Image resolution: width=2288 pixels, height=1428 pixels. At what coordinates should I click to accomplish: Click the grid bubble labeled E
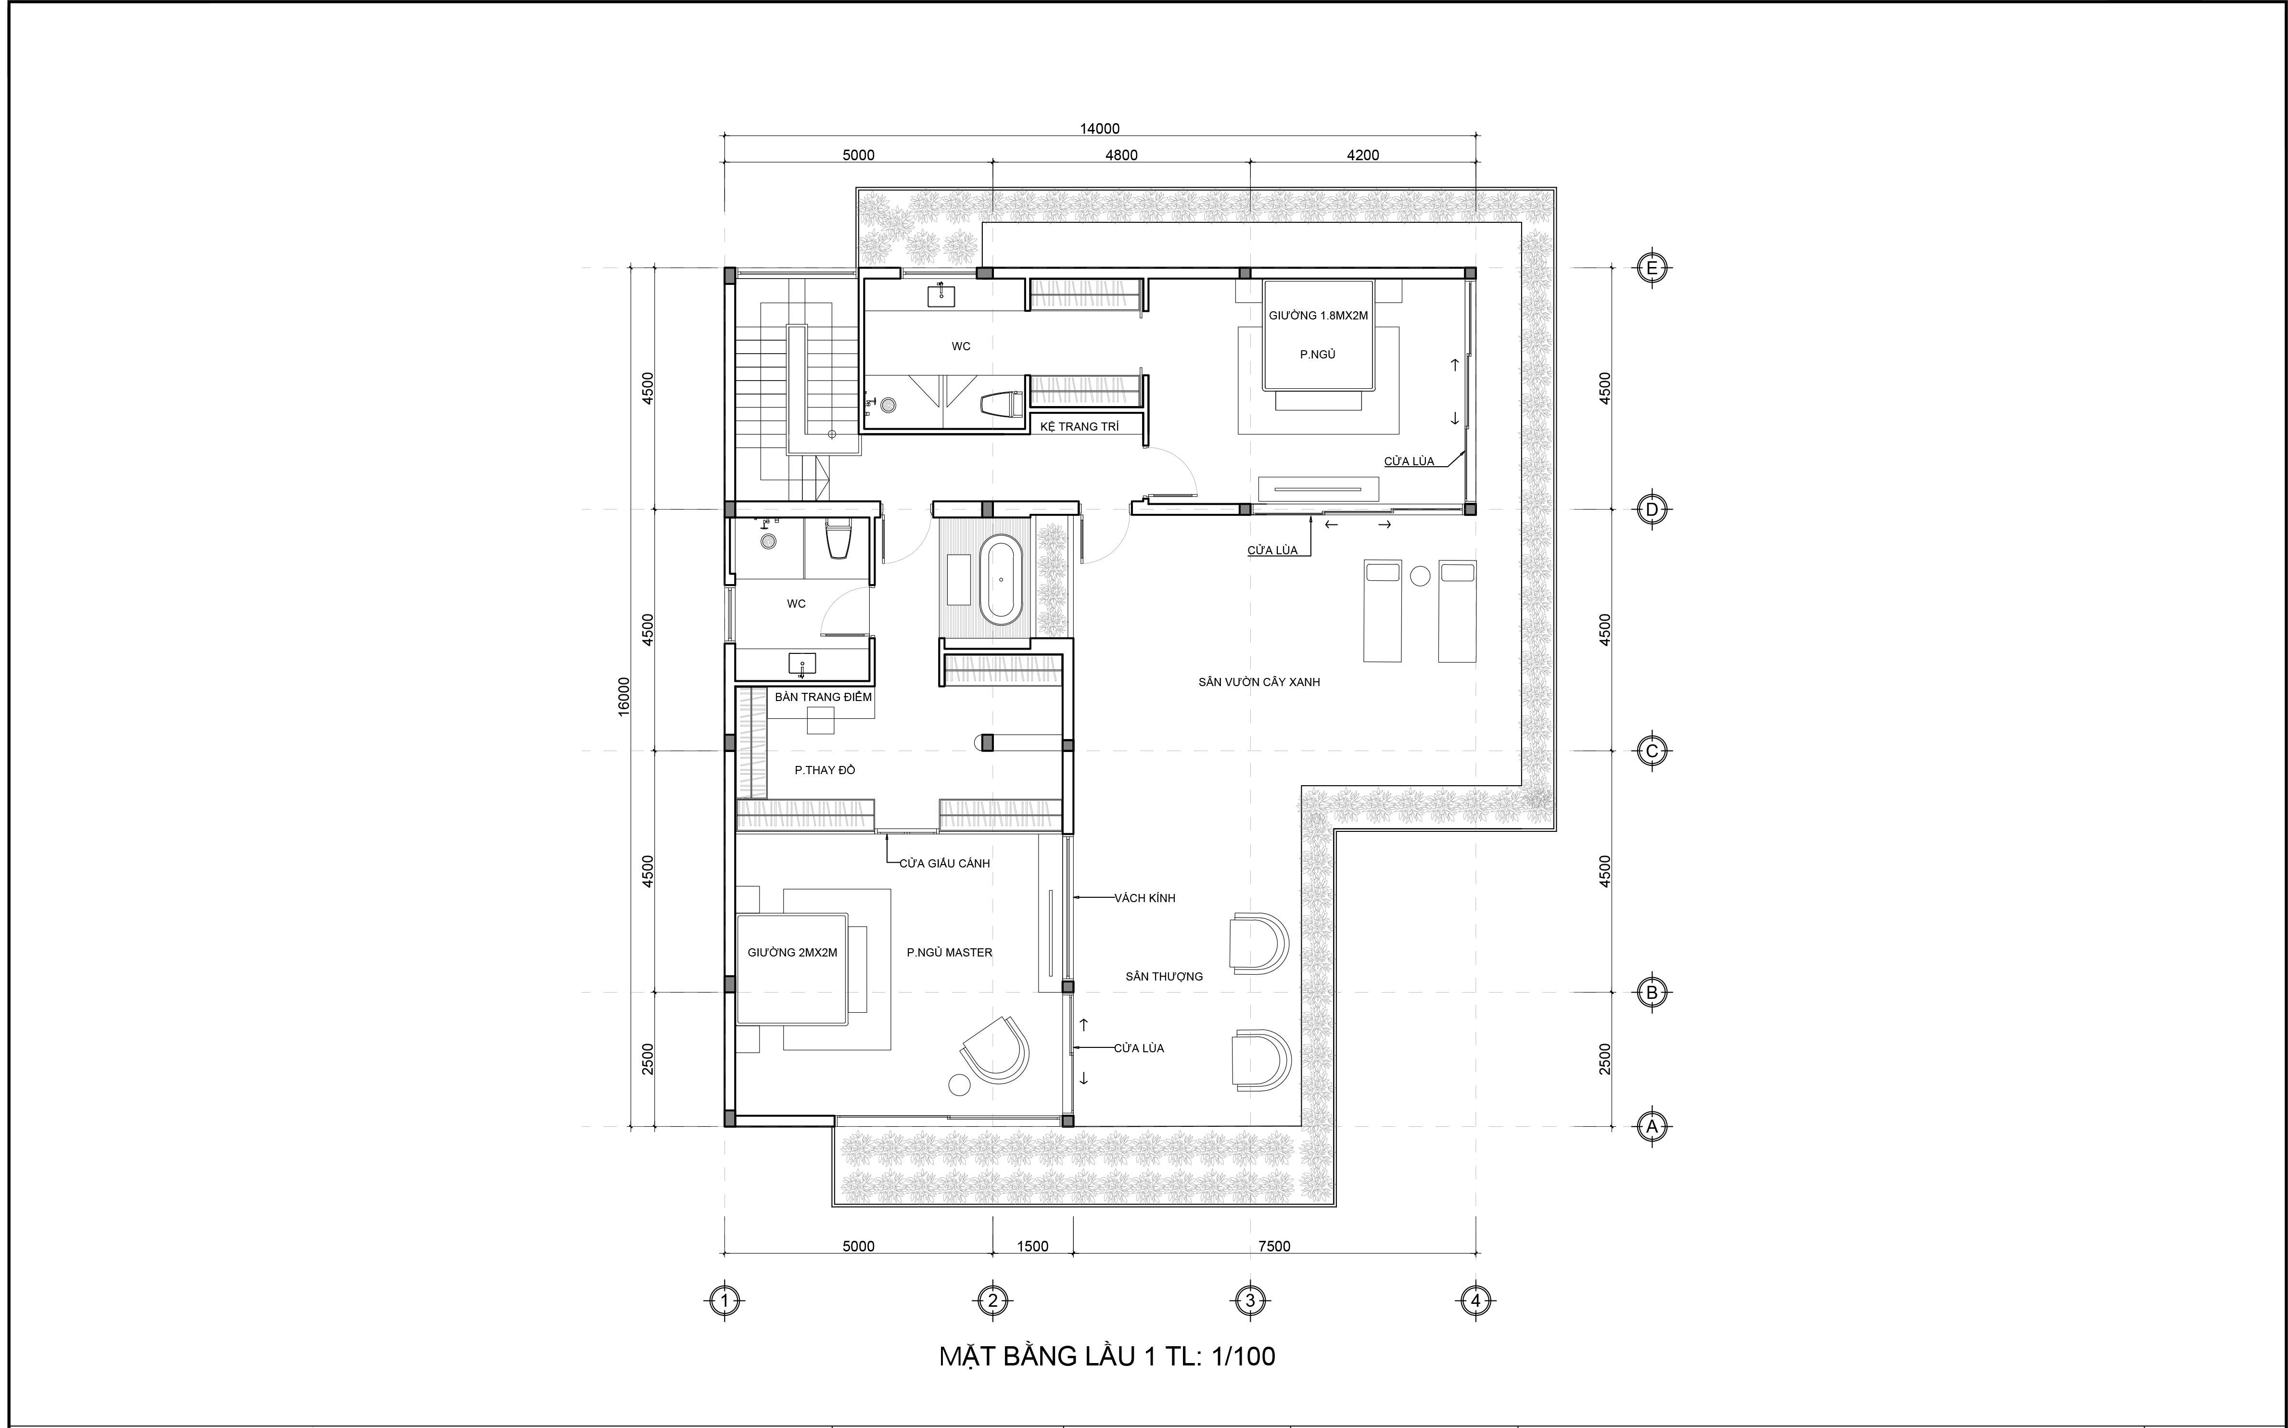point(1652,268)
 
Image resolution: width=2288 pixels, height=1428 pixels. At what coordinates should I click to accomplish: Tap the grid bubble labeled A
point(1652,1126)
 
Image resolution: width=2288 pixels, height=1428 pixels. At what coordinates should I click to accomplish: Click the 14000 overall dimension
point(1100,128)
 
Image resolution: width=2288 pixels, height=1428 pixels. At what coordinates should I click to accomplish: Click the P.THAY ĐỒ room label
point(825,770)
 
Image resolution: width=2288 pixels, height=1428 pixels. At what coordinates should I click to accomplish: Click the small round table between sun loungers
point(1419,575)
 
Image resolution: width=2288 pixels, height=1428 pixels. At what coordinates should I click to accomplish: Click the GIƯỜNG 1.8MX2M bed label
point(1318,316)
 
